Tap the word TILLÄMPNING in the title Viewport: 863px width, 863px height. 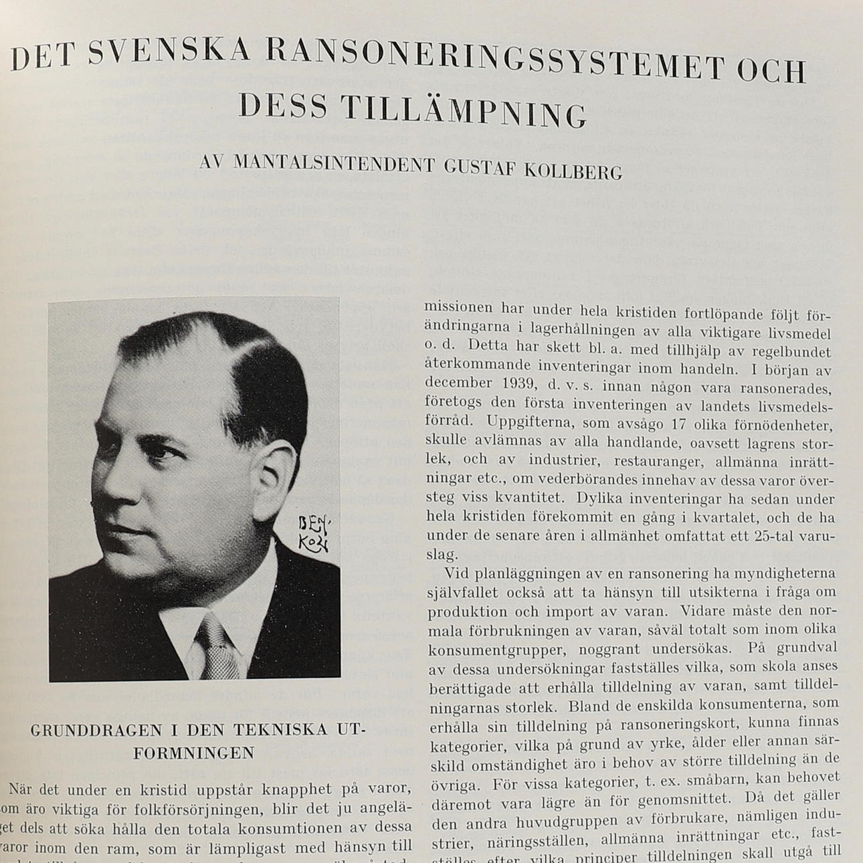pos(464,112)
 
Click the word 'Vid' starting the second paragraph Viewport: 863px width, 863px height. pos(456,573)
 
